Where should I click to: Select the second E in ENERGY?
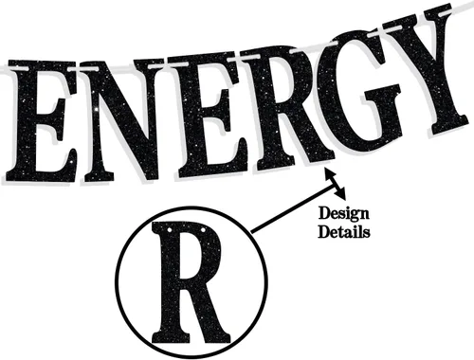(206, 114)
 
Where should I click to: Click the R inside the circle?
(190, 282)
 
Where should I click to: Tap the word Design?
(344, 214)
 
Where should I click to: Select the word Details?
(344, 232)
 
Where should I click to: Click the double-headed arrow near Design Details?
(335, 184)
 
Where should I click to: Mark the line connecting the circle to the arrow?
(293, 208)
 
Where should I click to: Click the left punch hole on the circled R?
(170, 229)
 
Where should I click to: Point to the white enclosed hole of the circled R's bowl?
(191, 258)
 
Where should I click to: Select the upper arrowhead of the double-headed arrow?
(329, 173)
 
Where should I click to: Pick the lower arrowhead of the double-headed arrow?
(341, 195)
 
